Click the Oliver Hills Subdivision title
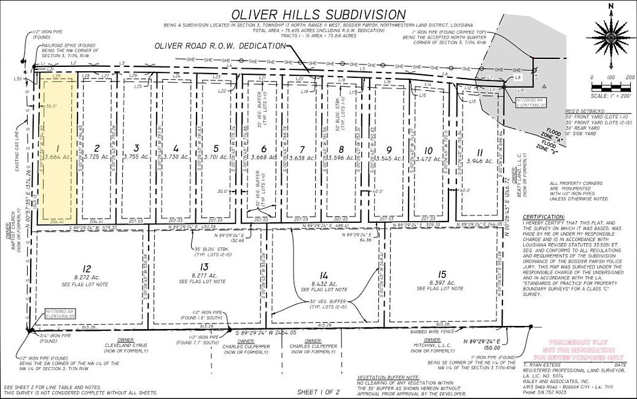(318, 15)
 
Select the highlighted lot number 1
(57, 148)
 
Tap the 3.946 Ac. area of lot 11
(480, 161)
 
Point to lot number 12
(87, 268)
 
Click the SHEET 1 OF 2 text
(318, 392)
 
